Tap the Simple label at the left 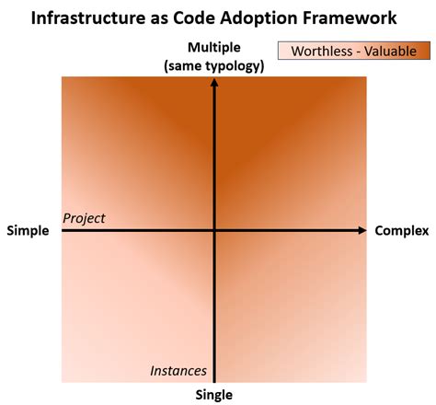(x=28, y=230)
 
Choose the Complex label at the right (x=402, y=230)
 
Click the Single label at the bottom (x=213, y=395)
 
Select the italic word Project (x=84, y=218)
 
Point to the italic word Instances (x=178, y=371)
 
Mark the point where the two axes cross (x=214, y=230)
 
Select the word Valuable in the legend (x=391, y=51)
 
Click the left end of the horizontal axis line (x=63, y=230)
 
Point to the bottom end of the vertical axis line (x=214, y=378)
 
